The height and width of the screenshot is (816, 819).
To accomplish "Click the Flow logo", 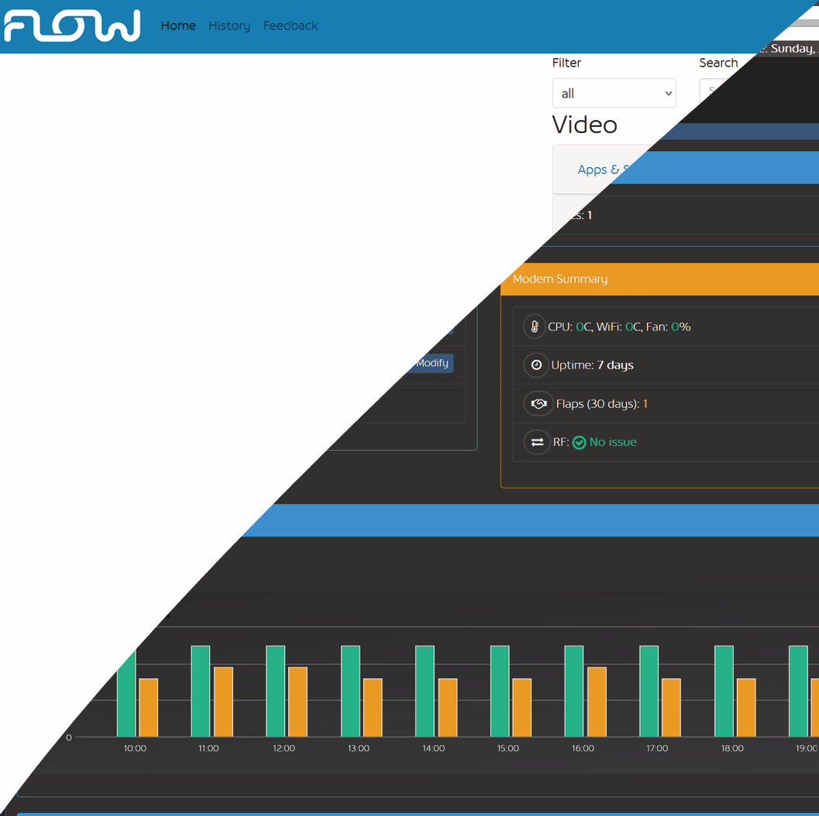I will pos(72,26).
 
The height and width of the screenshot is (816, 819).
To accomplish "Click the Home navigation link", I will pos(178,26).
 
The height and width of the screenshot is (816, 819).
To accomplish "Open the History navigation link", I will pos(229,26).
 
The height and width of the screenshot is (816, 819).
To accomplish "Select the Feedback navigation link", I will pos(291,26).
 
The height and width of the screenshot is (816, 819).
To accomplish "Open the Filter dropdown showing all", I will pos(614,93).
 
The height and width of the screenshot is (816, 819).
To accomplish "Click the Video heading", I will pos(584,125).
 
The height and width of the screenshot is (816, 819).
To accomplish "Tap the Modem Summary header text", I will pos(560,279).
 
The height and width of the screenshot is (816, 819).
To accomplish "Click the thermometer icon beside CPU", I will pos(534,327).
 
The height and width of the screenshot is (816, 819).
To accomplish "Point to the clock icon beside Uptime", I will pos(536,365).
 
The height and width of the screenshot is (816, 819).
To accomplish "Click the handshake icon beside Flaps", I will pos(538,403).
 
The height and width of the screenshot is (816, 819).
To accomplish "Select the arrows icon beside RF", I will pos(537,442).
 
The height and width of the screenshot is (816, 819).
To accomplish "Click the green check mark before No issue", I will pos(579,443).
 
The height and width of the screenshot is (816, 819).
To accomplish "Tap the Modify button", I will pos(432,363).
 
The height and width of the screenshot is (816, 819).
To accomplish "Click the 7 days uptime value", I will pos(615,365).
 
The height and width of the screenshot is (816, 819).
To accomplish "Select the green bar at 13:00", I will pos(350,691).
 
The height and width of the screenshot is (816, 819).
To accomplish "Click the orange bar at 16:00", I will pos(597,701).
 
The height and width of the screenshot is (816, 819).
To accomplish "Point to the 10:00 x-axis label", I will pos(135,749).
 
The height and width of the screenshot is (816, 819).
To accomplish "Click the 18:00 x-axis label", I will pos(732,749).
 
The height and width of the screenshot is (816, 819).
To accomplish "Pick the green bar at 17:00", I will pos(649,691).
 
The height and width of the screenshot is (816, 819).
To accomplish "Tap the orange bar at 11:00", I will pos(223,701).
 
